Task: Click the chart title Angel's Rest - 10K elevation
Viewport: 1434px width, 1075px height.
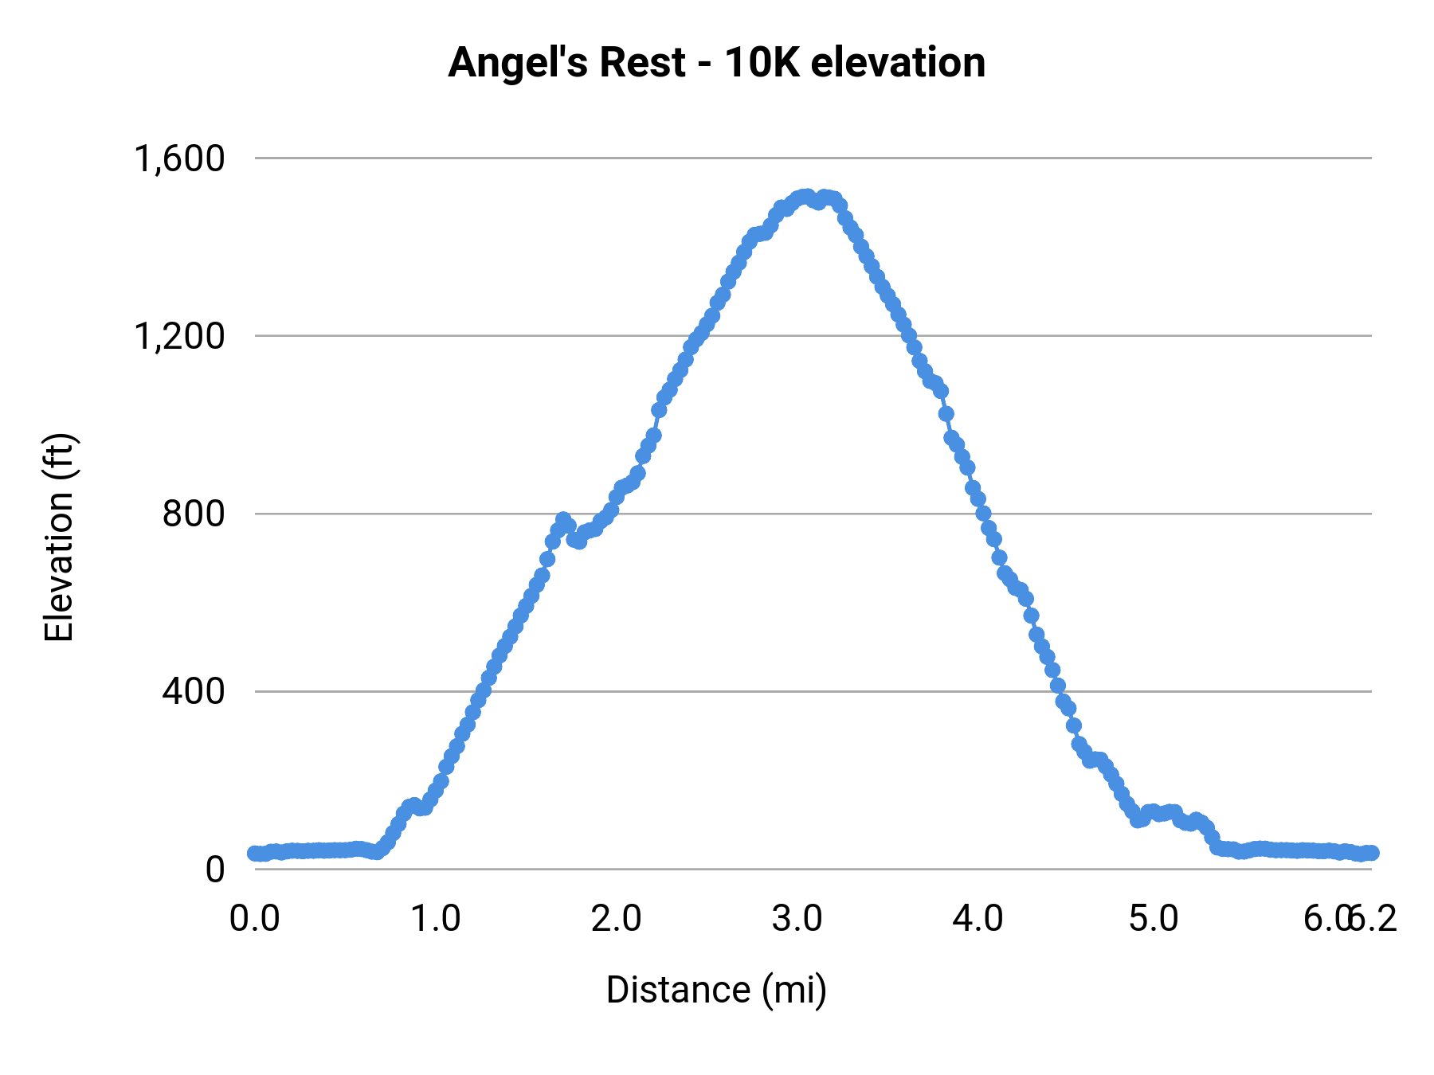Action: tap(716, 62)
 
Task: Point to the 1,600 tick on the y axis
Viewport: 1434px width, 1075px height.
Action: tap(180, 158)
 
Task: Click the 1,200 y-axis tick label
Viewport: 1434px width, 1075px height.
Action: tap(180, 336)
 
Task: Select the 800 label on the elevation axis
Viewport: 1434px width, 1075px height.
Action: tap(194, 514)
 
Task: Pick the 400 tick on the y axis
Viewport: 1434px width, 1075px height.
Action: tap(194, 691)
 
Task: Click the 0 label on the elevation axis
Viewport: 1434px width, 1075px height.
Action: tap(215, 870)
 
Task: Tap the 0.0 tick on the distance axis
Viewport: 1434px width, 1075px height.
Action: tap(254, 919)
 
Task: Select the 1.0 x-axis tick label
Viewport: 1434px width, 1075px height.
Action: tap(435, 919)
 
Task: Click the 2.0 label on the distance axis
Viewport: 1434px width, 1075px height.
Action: tap(616, 919)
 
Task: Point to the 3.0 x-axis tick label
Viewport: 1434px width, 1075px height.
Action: tap(797, 919)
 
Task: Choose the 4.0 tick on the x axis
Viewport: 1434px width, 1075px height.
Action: tap(978, 919)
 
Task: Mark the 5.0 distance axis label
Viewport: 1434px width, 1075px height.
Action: tap(1154, 919)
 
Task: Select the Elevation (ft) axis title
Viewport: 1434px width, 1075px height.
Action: tap(59, 537)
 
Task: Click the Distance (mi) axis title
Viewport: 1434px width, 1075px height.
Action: tap(716, 990)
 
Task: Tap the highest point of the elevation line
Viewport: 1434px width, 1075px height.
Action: tap(806, 196)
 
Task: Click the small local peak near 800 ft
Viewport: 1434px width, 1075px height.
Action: tap(563, 521)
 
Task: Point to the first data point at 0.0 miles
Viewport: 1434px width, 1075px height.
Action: tap(255, 853)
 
